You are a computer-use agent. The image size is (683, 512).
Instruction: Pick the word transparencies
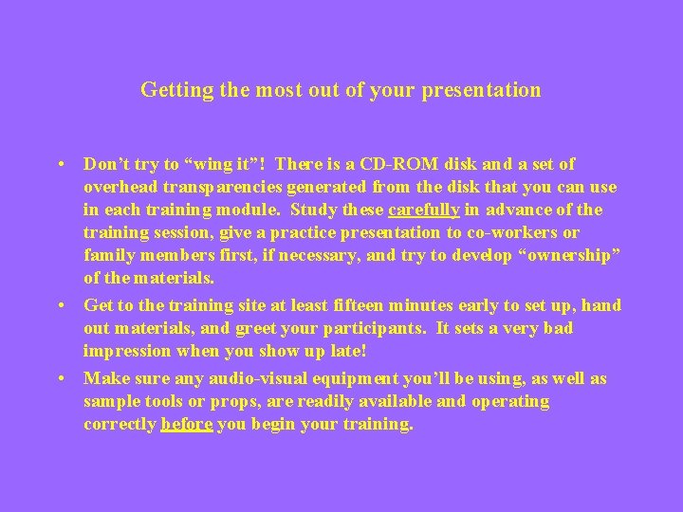pyautogui.click(x=219, y=187)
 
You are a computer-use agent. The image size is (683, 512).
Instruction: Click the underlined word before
pyautogui.click(x=187, y=424)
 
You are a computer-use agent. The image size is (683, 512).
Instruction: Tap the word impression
pyautogui.click(x=127, y=351)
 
